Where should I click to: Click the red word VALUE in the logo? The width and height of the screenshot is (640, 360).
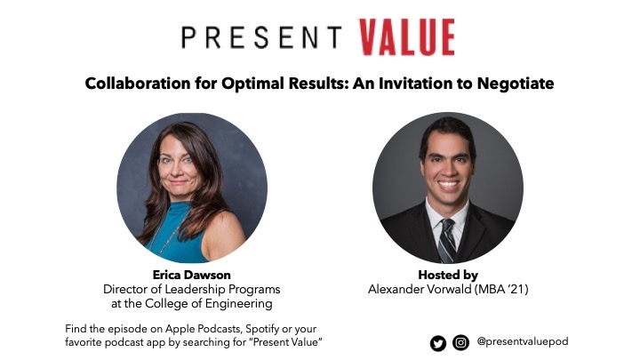406,37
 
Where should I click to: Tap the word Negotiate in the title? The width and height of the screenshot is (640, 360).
516,84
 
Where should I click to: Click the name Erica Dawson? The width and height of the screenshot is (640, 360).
192,276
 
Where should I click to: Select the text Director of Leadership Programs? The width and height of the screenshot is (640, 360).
192,289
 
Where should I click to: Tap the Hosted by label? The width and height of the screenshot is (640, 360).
447,276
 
